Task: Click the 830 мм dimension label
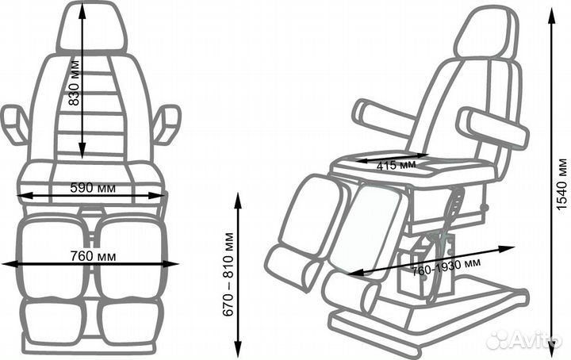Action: point(74,83)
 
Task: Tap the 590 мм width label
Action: point(93,188)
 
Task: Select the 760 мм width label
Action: point(94,256)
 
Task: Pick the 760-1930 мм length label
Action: point(446,266)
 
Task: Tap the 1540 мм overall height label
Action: point(562,184)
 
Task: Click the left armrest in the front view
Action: point(14,124)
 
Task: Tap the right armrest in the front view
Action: point(167,124)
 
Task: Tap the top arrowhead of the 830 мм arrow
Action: point(82,12)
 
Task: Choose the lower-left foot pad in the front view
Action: point(54,321)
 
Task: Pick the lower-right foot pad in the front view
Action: point(129,321)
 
